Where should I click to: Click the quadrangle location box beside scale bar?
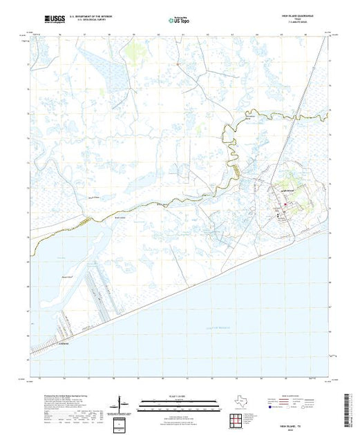[x=121, y=423]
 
